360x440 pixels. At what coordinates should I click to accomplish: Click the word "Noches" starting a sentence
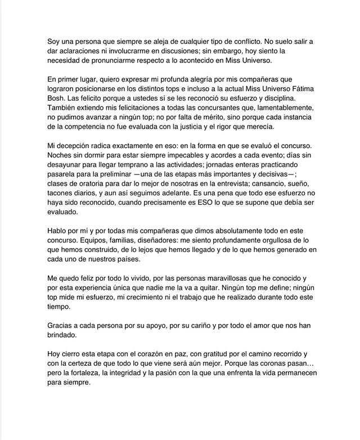pyautogui.click(x=61, y=156)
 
